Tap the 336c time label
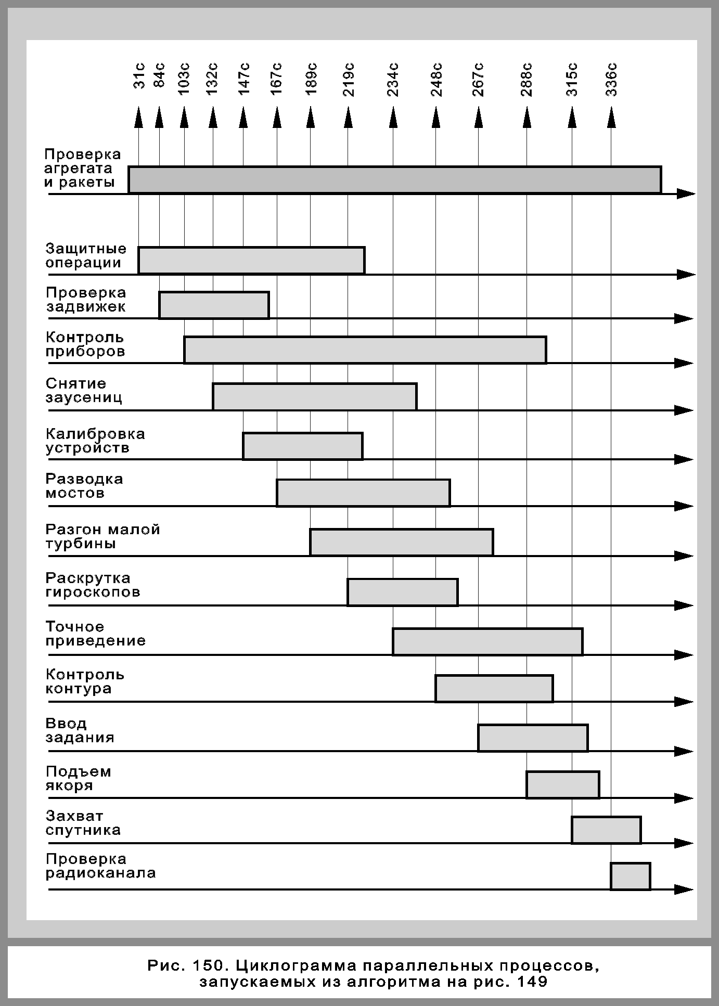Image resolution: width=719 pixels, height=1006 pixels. (612, 79)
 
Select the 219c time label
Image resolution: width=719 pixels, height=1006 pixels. (349, 79)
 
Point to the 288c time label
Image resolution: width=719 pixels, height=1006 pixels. (527, 79)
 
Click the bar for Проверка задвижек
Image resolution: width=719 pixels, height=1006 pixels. (214, 305)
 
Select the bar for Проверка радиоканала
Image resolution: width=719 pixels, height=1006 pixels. (630, 876)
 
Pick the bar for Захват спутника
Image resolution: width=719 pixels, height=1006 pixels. (606, 830)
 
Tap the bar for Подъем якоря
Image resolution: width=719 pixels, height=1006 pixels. (562, 784)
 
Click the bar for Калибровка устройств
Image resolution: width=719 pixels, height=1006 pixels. (302, 446)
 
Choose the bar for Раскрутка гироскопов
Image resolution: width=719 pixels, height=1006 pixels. (403, 592)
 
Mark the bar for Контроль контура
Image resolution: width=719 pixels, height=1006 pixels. (494, 689)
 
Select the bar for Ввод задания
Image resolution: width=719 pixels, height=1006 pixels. (533, 738)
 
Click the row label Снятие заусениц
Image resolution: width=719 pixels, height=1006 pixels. (84, 391)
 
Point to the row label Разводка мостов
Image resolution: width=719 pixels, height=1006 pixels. (84, 486)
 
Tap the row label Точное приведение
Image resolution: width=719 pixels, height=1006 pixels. (95, 634)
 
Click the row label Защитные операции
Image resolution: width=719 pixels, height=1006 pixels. (86, 255)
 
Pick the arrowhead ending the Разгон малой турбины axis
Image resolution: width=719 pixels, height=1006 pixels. (685, 556)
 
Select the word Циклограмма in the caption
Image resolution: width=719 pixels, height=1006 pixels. (294, 966)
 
